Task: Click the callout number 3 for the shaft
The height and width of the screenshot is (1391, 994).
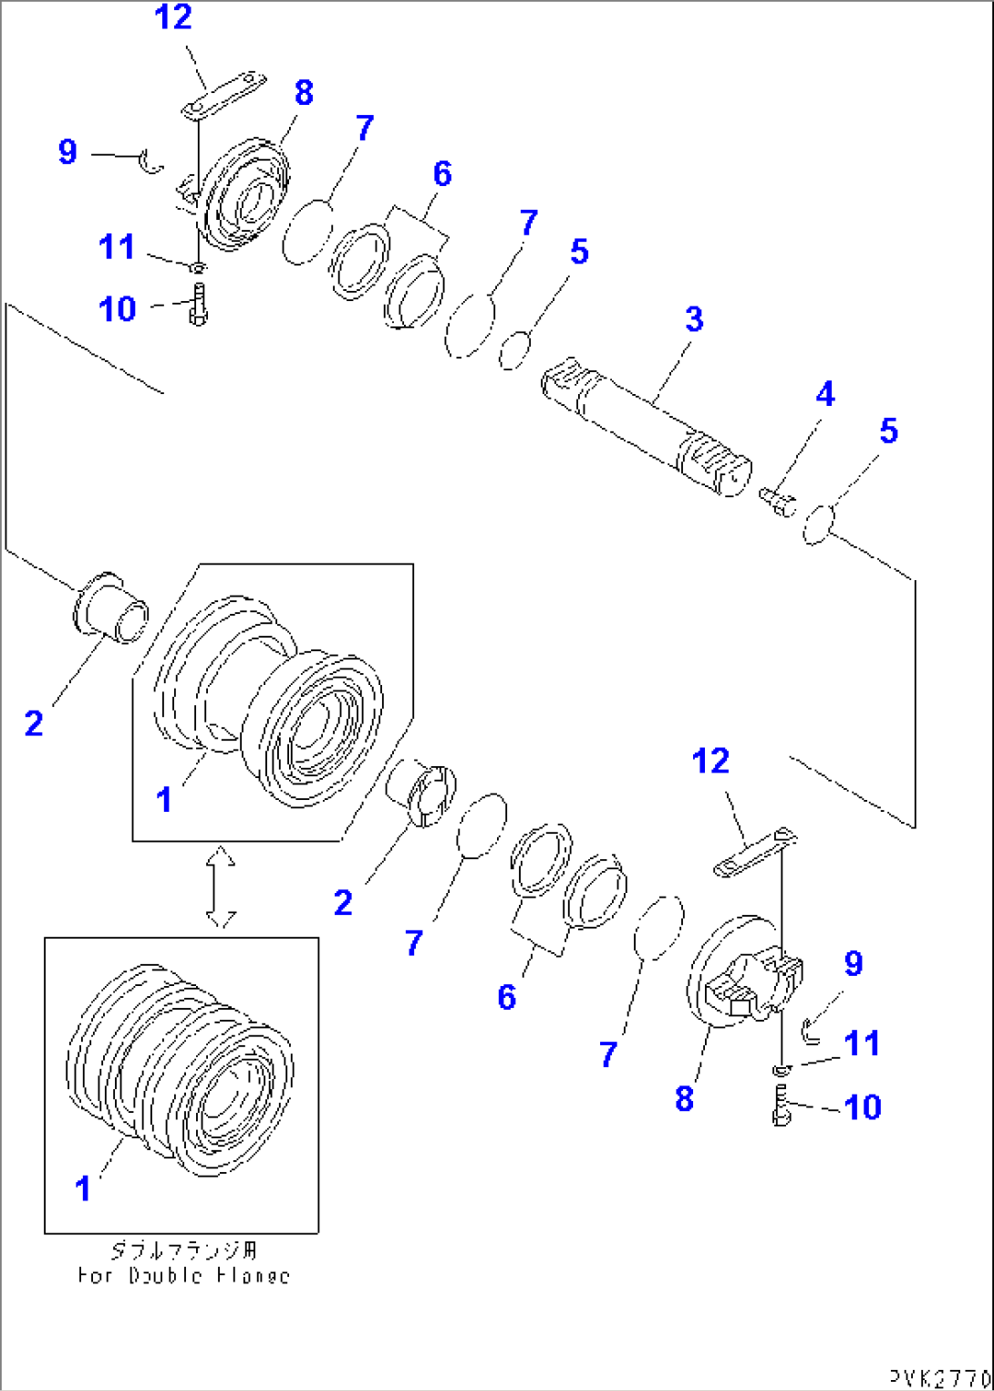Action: point(694,319)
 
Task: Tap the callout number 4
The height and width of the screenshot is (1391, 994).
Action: point(824,394)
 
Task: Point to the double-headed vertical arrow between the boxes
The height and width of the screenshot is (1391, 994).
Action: point(221,887)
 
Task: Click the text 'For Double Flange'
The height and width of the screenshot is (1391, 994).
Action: point(183,1275)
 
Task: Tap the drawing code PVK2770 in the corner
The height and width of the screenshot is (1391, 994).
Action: point(939,1376)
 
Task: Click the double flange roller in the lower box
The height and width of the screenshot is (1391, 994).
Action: point(181,1069)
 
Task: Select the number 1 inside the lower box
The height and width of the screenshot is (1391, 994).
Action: point(83,1189)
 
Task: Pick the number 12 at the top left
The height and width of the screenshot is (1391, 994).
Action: point(173,17)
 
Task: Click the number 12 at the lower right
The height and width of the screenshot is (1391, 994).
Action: point(710,761)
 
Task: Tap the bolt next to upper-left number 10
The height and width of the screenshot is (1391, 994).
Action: point(198,305)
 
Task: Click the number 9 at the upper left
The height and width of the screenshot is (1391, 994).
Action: point(67,151)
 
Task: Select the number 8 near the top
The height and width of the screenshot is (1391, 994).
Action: point(304,93)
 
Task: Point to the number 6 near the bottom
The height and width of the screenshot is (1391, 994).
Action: point(507,997)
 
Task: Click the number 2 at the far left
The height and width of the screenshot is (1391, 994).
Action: point(34,723)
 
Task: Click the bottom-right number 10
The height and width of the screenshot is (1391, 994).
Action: point(862,1107)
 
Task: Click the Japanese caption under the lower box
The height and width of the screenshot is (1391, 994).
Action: point(183,1250)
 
